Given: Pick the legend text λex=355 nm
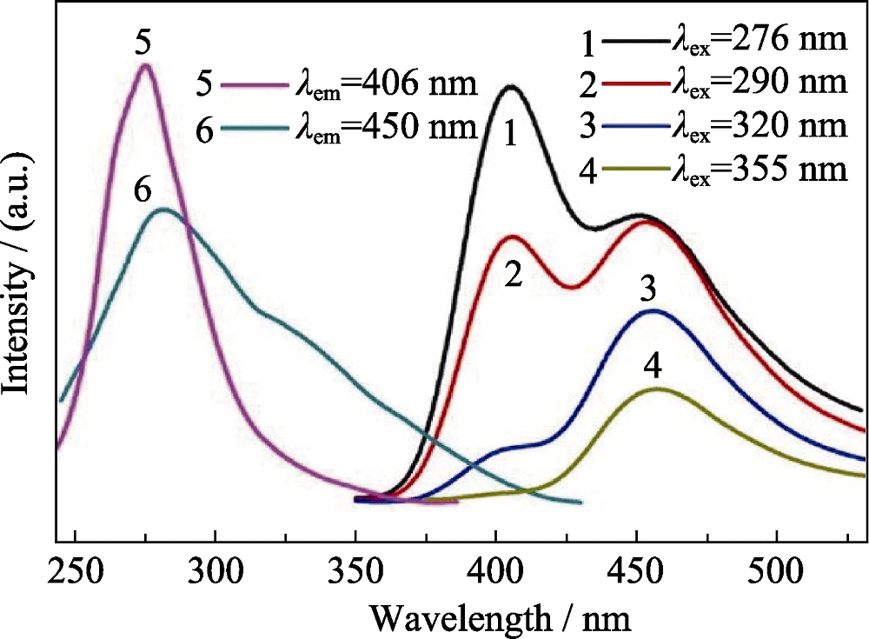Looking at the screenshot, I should [759, 167].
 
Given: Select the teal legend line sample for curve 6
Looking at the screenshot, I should [252, 127].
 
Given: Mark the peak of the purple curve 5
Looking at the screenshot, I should [145, 65].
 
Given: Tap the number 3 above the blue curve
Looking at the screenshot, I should [647, 290].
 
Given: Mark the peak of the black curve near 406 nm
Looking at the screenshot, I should [512, 86].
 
